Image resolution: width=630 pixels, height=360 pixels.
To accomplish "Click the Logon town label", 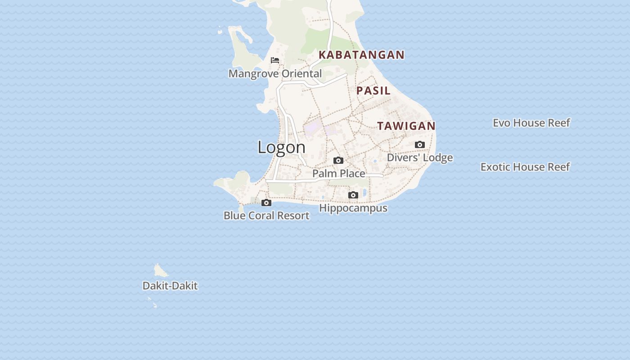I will point(282,147).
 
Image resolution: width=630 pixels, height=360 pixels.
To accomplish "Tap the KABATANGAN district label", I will point(362,55).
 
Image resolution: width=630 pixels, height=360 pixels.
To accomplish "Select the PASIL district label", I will point(373,90).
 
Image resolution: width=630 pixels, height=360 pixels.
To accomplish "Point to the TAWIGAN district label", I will point(406,126).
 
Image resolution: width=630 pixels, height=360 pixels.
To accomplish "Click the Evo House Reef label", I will point(531,123).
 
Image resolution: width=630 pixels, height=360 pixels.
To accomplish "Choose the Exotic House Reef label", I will point(525,167).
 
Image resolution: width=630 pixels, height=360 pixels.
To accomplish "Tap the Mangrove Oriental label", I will point(275,74).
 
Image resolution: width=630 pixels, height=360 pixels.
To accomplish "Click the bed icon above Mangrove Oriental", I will point(275,60).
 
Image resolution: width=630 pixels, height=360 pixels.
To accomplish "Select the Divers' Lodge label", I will point(420,157).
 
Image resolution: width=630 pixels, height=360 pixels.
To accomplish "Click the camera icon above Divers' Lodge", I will point(420,145).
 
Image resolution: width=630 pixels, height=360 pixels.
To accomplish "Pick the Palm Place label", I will point(339,173).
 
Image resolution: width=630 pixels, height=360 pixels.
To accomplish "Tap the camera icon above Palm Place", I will point(338,161).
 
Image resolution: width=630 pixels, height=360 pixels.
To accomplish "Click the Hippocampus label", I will point(353,208).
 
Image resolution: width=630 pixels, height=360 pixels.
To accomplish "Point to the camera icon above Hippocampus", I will point(353,195).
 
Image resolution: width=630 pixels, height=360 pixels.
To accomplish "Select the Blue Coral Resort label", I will point(266,216).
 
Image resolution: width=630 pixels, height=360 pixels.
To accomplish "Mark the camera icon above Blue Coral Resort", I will point(266,203).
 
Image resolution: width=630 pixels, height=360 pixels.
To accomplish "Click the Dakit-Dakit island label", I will point(170,286).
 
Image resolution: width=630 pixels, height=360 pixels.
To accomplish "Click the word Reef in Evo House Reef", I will point(558,123).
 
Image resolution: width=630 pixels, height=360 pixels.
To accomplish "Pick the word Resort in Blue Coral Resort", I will point(293,216).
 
